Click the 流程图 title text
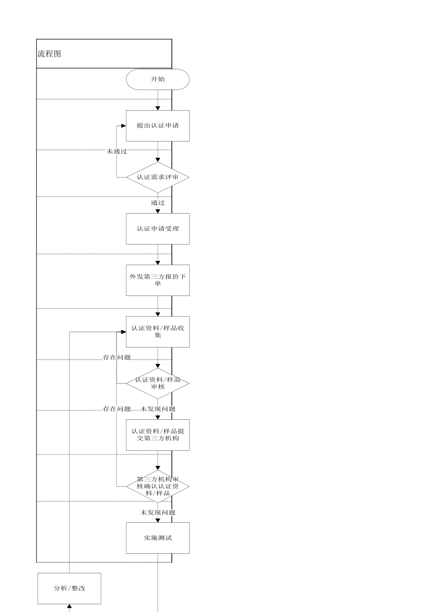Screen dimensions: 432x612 (49, 54)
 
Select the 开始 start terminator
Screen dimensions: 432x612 (158, 79)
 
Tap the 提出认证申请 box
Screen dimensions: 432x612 (158, 126)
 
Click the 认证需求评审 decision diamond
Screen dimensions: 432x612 (158, 177)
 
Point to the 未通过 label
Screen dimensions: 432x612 (117, 151)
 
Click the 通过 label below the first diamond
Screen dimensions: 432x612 (158, 203)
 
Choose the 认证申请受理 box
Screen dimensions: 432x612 (158, 229)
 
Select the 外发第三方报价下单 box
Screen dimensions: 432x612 (158, 280)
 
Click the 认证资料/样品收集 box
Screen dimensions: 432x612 (158, 331)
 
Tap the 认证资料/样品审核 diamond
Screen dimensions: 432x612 (158, 383)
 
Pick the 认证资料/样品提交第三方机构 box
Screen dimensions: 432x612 (158, 435)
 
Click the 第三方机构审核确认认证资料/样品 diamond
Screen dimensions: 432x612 (158, 486)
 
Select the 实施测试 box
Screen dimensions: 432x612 (158, 538)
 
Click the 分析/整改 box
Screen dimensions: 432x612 (69, 588)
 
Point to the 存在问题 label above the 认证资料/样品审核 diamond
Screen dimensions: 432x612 (117, 357)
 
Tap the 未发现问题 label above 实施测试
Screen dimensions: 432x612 (158, 512)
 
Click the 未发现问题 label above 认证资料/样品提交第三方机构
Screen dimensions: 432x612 (158, 409)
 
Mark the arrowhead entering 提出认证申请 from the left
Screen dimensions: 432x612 (123, 126)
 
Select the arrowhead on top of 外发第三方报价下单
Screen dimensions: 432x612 (158, 262)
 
